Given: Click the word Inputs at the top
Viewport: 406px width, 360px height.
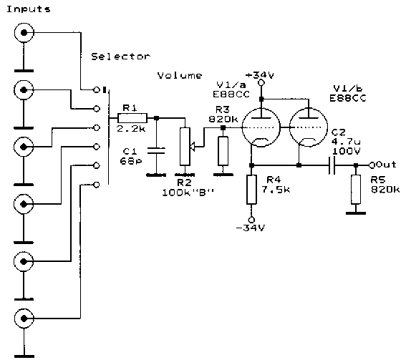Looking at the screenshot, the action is (28, 9).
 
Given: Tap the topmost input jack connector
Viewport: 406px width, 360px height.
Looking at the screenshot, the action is (24, 33).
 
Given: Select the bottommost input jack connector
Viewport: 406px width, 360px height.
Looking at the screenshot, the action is (24, 318).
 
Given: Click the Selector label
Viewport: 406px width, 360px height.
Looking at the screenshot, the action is (120, 57).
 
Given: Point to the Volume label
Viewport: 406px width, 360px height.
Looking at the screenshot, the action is (180, 75).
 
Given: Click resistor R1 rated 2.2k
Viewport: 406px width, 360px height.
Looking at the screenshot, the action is (132, 118).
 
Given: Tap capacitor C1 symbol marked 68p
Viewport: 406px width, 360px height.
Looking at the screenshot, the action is (156, 150).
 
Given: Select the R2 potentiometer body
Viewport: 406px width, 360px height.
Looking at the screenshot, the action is (185, 146).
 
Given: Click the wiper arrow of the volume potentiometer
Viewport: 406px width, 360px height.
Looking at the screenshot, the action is (193, 147).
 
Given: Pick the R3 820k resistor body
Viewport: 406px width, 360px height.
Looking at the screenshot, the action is (223, 151).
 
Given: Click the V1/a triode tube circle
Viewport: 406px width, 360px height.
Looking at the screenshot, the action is (261, 127).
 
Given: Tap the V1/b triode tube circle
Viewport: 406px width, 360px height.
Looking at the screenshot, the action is (308, 127).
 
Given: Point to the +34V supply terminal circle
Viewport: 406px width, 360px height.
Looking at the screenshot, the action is (261, 83).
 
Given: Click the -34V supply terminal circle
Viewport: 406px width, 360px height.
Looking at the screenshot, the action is (251, 220).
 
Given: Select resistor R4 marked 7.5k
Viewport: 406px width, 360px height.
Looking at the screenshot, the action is (251, 190).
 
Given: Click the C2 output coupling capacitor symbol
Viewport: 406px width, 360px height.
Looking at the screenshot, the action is (332, 165).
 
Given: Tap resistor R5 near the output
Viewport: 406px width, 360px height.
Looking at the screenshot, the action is (356, 190).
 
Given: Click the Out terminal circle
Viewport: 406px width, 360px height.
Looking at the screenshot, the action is (372, 165).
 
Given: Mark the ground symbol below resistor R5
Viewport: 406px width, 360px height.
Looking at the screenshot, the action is (356, 213).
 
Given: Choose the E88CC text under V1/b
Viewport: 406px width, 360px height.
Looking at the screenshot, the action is (348, 98).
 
